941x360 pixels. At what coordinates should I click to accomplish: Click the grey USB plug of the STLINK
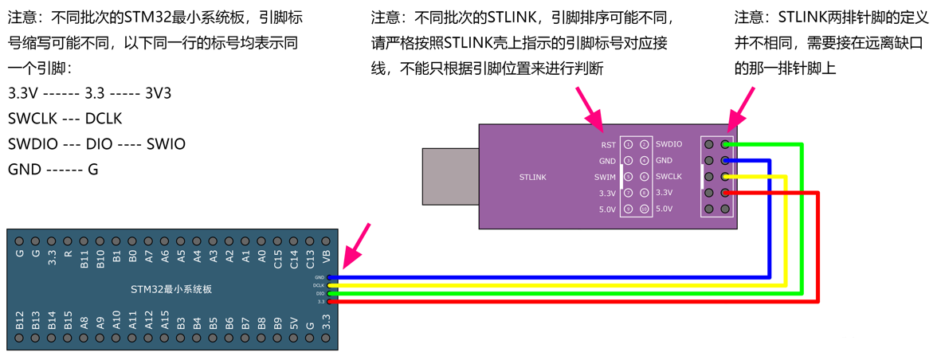pyautogui.click(x=450, y=175)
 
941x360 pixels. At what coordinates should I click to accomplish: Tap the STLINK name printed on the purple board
pyautogui.click(x=532, y=177)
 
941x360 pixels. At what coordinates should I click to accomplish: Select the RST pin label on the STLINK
pyautogui.click(x=608, y=145)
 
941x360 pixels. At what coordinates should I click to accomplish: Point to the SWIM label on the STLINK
pyautogui.click(x=605, y=177)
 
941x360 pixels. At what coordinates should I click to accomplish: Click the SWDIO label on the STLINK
pyautogui.click(x=669, y=144)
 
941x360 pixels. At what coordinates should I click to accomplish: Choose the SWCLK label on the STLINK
pyautogui.click(x=669, y=176)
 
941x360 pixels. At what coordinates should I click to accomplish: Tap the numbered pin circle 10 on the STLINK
pyautogui.click(x=644, y=209)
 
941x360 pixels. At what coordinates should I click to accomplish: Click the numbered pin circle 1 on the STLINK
pyautogui.click(x=628, y=145)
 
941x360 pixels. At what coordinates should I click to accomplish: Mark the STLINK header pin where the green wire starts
pyautogui.click(x=725, y=145)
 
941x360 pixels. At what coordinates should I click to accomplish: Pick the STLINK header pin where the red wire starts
pyautogui.click(x=725, y=193)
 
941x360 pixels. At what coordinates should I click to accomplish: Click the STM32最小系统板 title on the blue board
pyautogui.click(x=171, y=289)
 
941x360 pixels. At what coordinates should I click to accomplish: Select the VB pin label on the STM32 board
pyautogui.click(x=326, y=256)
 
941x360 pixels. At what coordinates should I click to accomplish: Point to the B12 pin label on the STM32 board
pyautogui.click(x=20, y=321)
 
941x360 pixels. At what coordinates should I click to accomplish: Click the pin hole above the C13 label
pyautogui.click(x=310, y=241)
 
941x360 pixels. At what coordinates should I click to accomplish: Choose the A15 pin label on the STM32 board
pyautogui.click(x=165, y=321)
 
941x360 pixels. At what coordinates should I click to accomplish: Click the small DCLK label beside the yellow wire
pyautogui.click(x=319, y=285)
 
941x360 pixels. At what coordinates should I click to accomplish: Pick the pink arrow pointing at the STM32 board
pyautogui.click(x=356, y=245)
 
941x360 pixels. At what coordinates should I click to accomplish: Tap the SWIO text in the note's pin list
pyautogui.click(x=166, y=144)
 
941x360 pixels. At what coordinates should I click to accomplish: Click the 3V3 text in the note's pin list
pyautogui.click(x=158, y=93)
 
